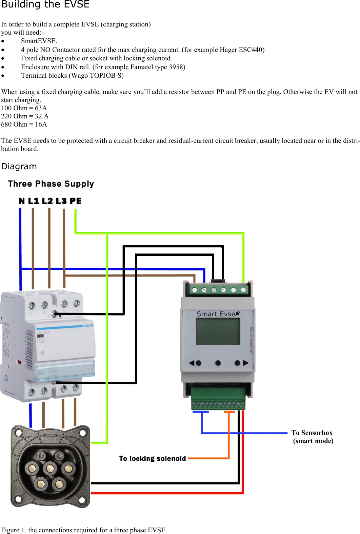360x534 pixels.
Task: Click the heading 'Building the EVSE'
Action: tap(45, 4)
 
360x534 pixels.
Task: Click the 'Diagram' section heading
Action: tap(19, 167)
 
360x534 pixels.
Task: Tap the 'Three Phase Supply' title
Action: tap(51, 184)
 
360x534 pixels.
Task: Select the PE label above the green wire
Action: tap(76, 201)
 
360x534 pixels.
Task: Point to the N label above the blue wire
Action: tap(22, 201)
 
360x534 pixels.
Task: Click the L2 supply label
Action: tap(47, 201)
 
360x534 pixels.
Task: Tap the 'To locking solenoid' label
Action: tap(152, 459)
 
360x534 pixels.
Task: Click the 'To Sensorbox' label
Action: tap(312, 433)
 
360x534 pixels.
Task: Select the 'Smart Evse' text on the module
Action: tap(216, 314)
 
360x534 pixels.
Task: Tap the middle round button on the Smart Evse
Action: tap(218, 363)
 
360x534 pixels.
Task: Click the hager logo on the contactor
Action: tap(88, 326)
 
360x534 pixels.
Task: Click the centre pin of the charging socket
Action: tap(50, 469)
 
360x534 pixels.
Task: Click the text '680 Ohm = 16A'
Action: tap(24, 125)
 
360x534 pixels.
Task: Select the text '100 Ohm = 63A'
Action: tap(24, 108)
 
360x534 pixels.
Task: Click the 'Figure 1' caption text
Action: tap(84, 530)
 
